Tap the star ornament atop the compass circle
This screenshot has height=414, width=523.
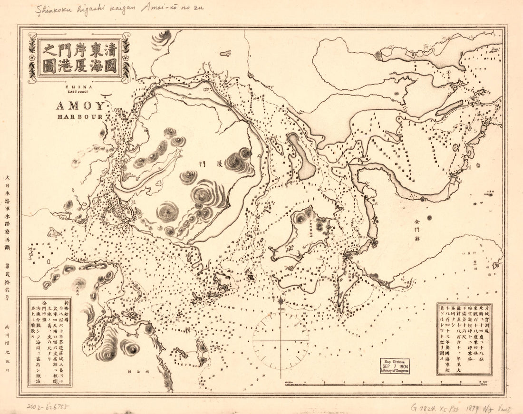click(281, 300)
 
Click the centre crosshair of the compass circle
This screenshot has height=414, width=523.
click(281, 340)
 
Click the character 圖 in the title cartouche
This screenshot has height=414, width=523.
click(50, 66)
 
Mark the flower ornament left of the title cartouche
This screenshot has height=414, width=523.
click(31, 58)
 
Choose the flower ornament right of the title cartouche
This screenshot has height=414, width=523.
click(126, 58)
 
